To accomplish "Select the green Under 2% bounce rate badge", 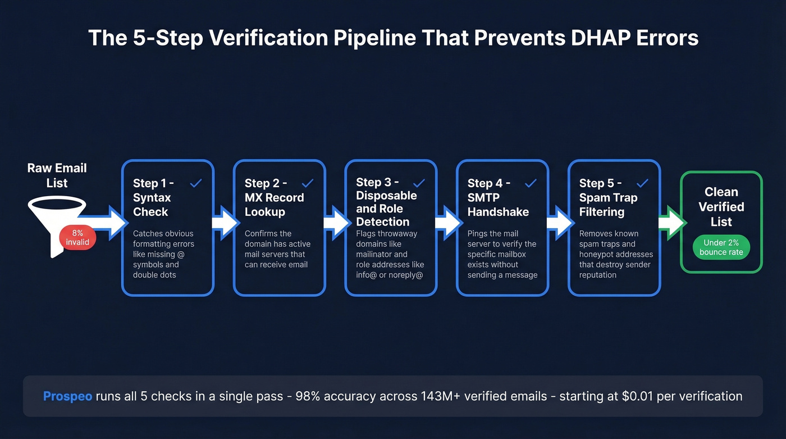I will click(x=721, y=247).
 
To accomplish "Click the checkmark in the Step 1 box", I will click(x=196, y=183).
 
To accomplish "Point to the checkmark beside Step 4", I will click(x=531, y=183).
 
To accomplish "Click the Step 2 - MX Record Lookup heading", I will click(x=274, y=197).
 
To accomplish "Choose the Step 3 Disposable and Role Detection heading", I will click(x=386, y=201).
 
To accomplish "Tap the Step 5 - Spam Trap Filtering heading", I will click(x=608, y=197).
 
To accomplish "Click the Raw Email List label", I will click(x=57, y=175).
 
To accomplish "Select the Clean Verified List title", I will click(x=721, y=207).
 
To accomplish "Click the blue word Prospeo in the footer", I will click(x=67, y=396).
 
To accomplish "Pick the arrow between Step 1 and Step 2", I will click(x=224, y=223).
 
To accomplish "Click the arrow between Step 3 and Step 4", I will click(x=447, y=223).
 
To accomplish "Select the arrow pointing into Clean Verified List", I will click(x=671, y=223).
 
